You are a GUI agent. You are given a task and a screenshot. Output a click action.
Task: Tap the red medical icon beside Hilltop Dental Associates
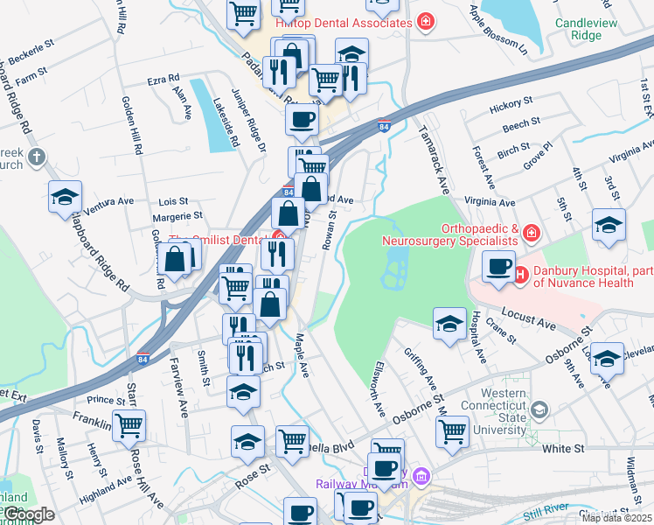pos(426,22)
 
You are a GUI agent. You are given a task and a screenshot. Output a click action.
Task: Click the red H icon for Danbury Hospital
pos(521,275)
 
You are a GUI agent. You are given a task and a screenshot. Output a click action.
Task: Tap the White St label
pos(563,448)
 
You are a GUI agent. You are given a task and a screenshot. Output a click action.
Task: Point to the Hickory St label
pos(512,106)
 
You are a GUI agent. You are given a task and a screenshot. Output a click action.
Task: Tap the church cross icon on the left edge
pos(35,157)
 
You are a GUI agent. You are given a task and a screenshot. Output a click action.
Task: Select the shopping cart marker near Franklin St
pos(129,426)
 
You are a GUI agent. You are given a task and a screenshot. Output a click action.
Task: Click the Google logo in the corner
pos(28,514)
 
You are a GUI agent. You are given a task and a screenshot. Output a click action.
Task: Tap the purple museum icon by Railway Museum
pos(422,477)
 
